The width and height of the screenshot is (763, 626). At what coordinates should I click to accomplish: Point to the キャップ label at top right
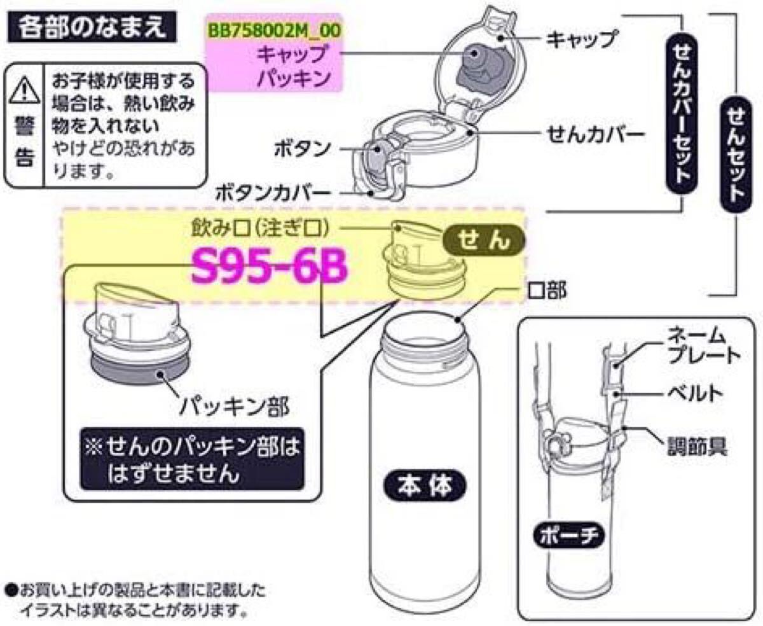(x=581, y=39)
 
